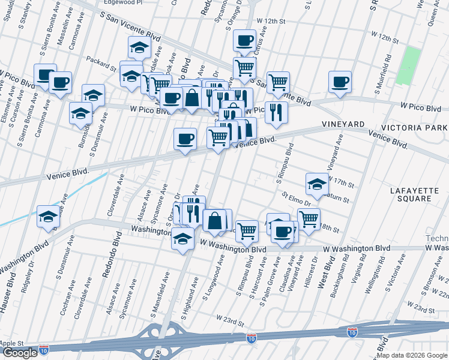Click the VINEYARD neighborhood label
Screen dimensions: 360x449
click(x=343, y=124)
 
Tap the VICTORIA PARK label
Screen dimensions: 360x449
click(x=414, y=128)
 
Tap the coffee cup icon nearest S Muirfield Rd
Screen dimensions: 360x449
click(x=340, y=82)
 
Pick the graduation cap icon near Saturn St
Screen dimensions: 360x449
click(x=317, y=184)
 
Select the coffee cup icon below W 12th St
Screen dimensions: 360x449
click(x=244, y=40)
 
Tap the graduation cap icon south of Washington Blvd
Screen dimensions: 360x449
click(x=182, y=239)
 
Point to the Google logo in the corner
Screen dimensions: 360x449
click(x=20, y=353)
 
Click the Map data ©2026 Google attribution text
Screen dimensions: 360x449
click(x=412, y=355)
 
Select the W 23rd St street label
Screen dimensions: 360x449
click(x=231, y=320)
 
